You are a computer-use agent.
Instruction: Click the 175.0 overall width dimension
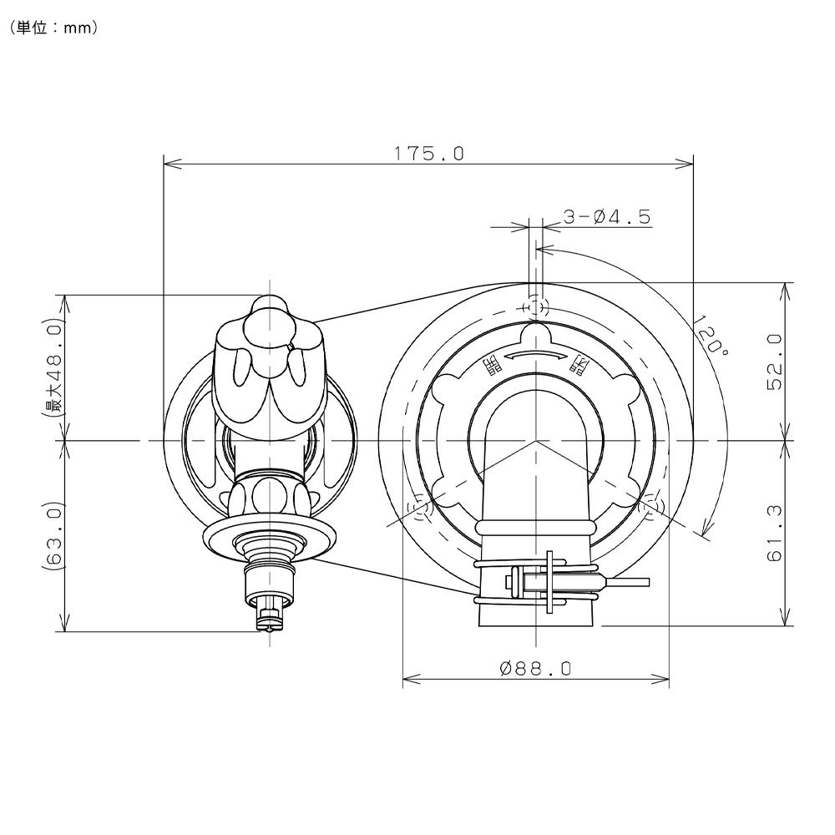click(428, 154)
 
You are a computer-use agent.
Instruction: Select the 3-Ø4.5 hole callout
click(607, 217)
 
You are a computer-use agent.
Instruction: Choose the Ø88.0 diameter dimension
click(536, 668)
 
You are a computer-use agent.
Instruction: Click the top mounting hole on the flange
click(536, 307)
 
